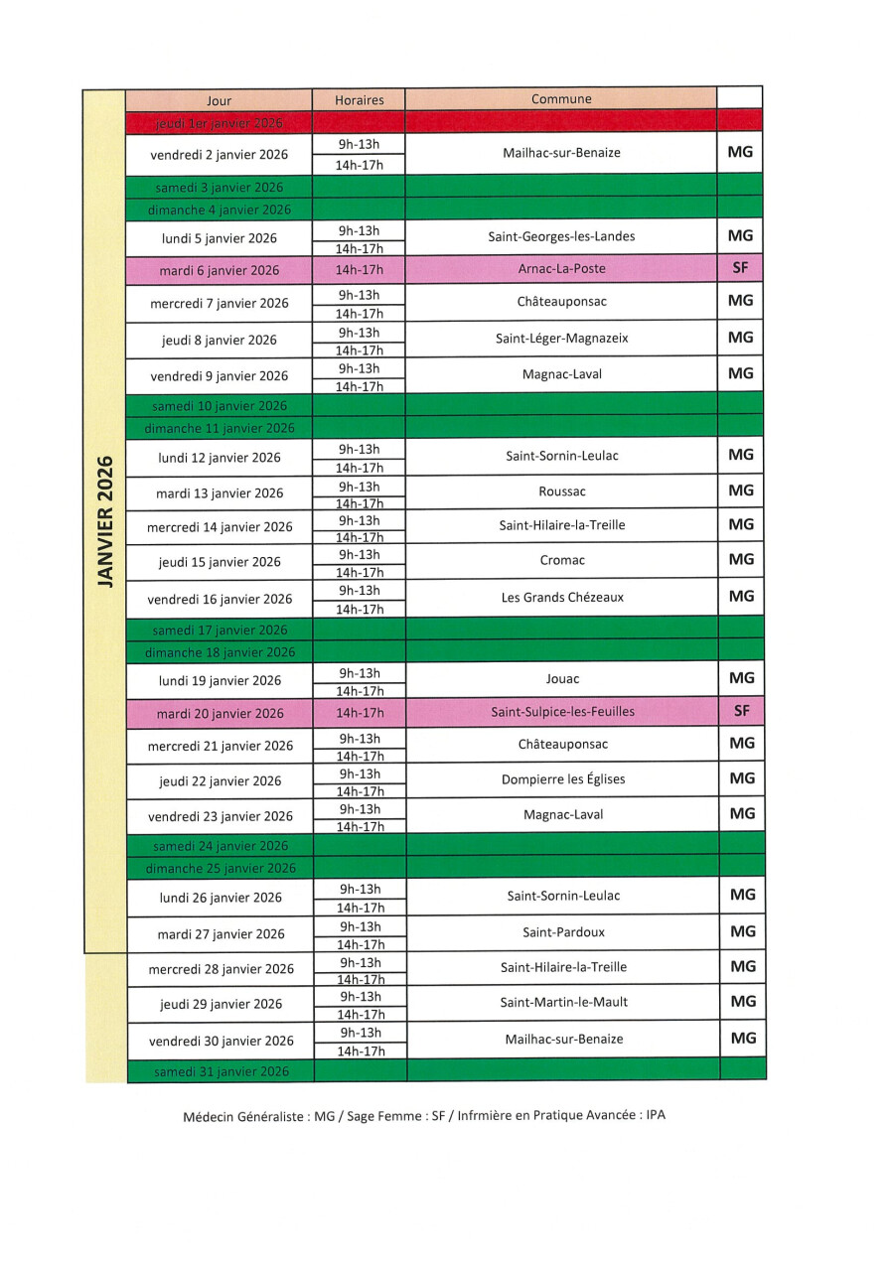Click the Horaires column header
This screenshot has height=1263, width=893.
(x=359, y=99)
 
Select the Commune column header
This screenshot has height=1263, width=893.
(x=561, y=98)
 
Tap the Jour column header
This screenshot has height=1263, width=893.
(x=219, y=100)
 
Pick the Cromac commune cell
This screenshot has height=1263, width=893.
(x=562, y=560)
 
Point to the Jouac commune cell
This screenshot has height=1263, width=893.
(x=562, y=679)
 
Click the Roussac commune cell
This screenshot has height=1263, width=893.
(x=562, y=491)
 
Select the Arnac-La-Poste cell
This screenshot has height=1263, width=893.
(x=561, y=268)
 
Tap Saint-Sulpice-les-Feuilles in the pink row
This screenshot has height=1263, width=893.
(x=562, y=711)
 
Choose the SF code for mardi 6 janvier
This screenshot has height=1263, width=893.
(x=740, y=267)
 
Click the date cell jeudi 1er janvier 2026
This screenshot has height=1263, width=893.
(x=220, y=123)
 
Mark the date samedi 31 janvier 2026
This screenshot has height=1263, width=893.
(x=222, y=1071)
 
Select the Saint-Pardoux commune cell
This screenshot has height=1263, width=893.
(x=563, y=932)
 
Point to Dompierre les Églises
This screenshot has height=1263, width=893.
(x=563, y=779)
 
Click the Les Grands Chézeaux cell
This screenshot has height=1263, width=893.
(x=562, y=597)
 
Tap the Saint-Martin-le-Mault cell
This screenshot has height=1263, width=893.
(x=563, y=1002)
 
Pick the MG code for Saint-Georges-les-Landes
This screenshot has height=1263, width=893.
(x=740, y=235)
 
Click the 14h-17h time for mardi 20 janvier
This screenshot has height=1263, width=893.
(x=360, y=712)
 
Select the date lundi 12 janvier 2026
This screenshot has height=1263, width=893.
(x=220, y=458)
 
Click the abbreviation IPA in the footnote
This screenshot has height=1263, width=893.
(x=656, y=1115)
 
